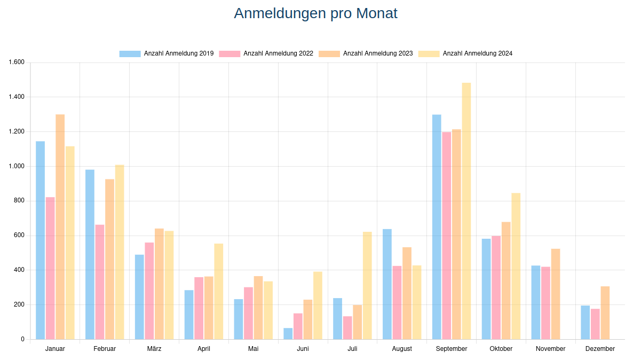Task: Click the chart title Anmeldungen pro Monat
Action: (315, 13)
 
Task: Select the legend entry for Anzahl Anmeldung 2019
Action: (167, 53)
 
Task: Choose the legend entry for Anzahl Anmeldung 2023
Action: (366, 53)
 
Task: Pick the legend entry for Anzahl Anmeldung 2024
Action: (465, 53)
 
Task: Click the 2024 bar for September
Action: (466, 211)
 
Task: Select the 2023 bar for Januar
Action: (60, 226)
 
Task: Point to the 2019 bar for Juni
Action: (288, 333)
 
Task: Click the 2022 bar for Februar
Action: (100, 281)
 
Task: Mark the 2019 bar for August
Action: (387, 284)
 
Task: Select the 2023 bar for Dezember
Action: (605, 312)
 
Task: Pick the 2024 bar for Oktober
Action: (516, 266)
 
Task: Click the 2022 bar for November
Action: (545, 303)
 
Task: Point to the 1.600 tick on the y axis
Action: (17, 62)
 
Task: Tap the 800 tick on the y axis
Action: (19, 201)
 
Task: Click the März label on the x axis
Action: (154, 349)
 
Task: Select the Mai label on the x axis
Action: (254, 349)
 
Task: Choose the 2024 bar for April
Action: (219, 291)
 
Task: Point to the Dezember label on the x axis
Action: (600, 349)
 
